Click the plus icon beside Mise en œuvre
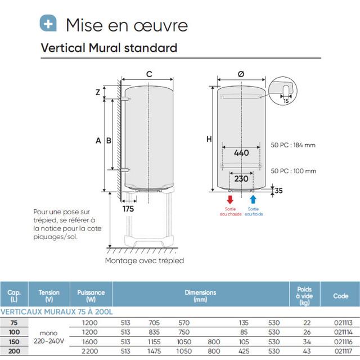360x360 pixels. pyautogui.click(x=48, y=24)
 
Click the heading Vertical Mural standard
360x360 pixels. pyautogui.click(x=109, y=48)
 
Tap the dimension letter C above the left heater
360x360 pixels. pyautogui.click(x=149, y=74)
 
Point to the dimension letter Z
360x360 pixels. pyautogui.click(x=98, y=92)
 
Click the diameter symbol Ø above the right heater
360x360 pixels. pyautogui.click(x=241, y=74)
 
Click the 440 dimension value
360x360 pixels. pyautogui.click(x=241, y=152)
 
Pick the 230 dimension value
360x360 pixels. pyautogui.click(x=241, y=179)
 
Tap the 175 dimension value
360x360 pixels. pyautogui.click(x=129, y=209)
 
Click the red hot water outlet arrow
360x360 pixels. pyautogui.click(x=229, y=200)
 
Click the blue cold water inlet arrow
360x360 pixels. pyautogui.click(x=253, y=200)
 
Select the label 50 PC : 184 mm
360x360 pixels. pyautogui.click(x=293, y=145)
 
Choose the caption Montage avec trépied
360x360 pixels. pyautogui.click(x=145, y=260)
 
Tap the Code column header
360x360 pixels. pyautogui.click(x=340, y=295)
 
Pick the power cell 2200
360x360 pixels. pyautogui.click(x=91, y=350)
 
